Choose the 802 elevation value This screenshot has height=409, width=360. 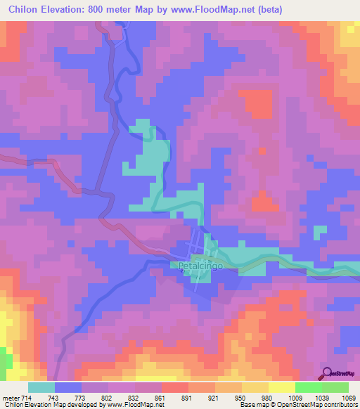[108, 398]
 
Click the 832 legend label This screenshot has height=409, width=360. [134, 398]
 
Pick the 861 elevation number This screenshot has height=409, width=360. [160, 398]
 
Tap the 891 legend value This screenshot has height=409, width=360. [188, 398]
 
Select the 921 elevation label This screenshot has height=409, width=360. [214, 398]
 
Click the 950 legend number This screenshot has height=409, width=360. [240, 398]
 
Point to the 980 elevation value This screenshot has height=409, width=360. [267, 398]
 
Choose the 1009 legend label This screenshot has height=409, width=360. [294, 398]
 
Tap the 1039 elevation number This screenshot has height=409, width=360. [321, 398]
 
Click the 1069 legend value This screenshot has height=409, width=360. [347, 398]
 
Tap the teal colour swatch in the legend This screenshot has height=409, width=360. [41, 387]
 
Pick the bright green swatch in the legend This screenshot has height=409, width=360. [309, 387]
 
